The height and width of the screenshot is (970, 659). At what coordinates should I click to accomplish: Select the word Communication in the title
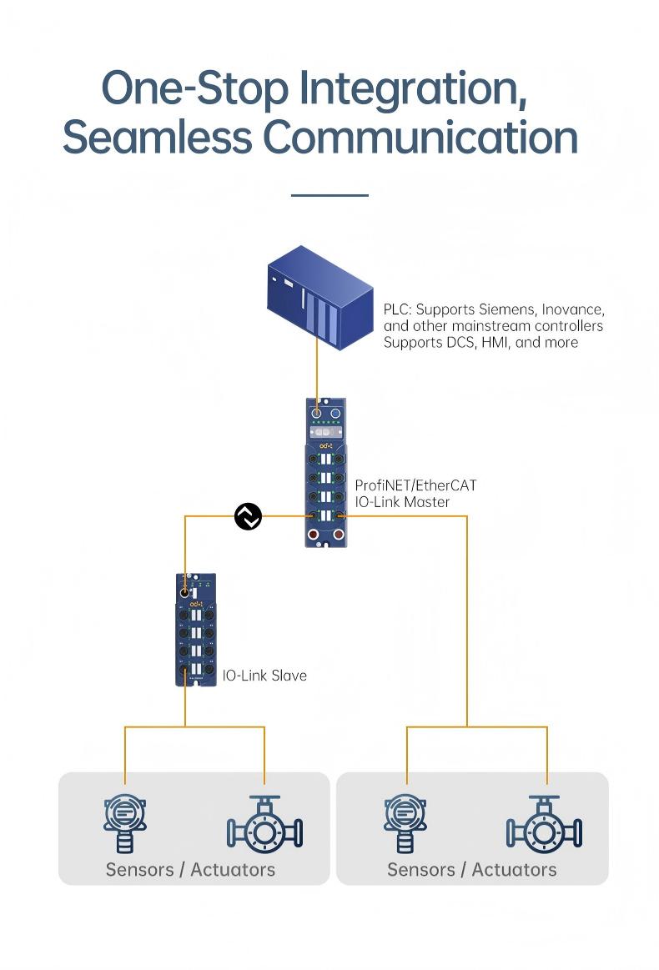[420, 138]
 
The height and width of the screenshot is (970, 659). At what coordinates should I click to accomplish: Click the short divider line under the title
[329, 195]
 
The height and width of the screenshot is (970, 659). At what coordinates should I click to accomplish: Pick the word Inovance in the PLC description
[576, 309]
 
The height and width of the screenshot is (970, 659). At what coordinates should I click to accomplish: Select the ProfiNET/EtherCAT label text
[415, 485]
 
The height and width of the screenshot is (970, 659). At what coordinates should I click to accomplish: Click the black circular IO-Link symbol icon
[248, 516]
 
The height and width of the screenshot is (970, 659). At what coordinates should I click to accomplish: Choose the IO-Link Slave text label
[264, 675]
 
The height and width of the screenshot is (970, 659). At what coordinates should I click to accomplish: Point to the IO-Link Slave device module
[196, 630]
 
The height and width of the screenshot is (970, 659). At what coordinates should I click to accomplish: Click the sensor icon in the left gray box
[124, 824]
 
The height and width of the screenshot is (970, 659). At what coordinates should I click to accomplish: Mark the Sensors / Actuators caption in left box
[190, 869]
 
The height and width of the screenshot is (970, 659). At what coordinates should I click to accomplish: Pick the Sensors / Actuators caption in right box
[471, 869]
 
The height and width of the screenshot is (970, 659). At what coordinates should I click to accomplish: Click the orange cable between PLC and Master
[317, 375]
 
